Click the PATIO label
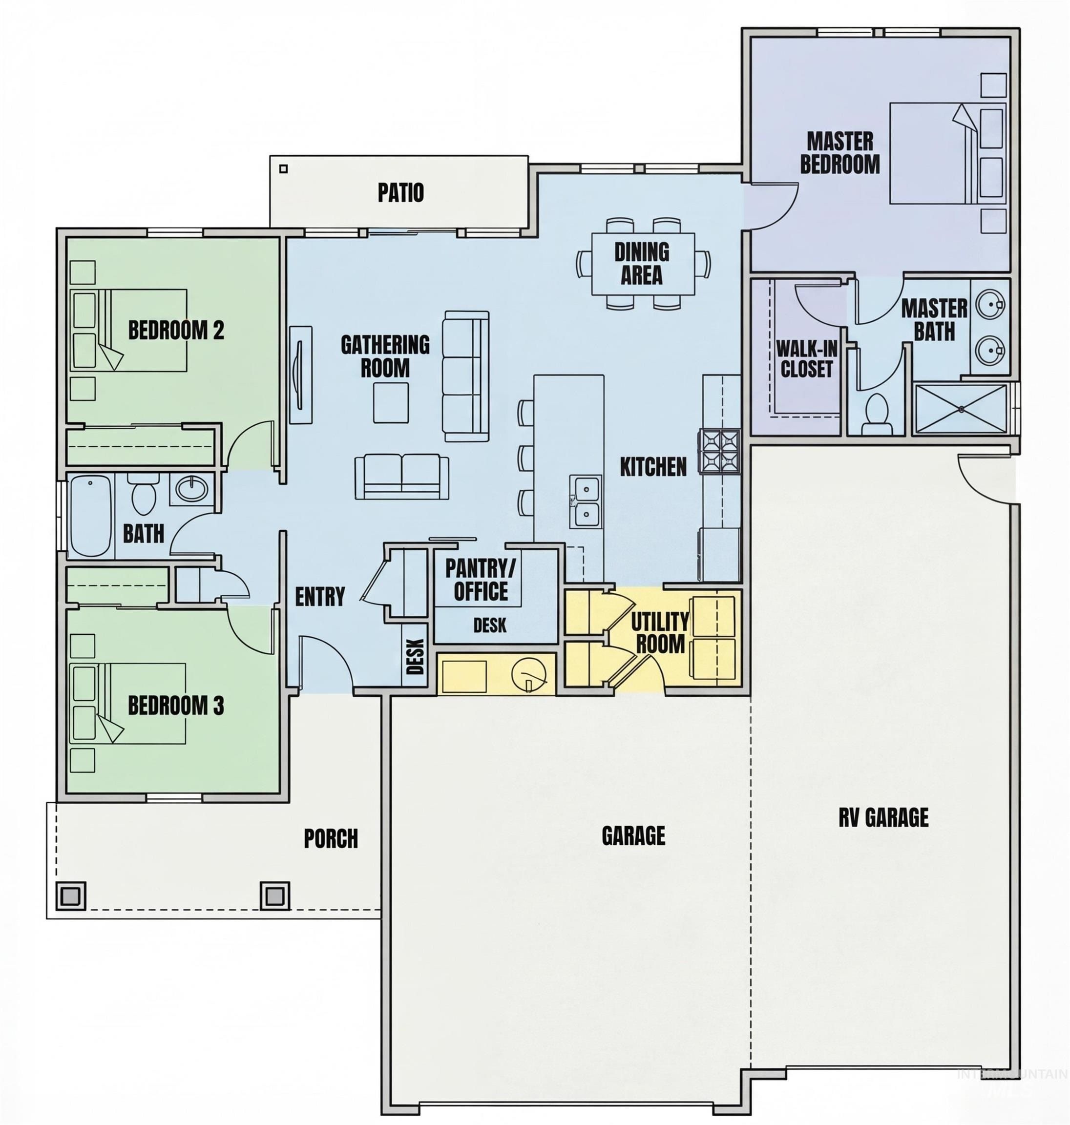coord(400,193)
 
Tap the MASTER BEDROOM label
coord(839,153)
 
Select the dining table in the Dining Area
coord(643,264)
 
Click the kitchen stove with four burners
coord(720,451)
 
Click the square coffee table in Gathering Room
coord(391,402)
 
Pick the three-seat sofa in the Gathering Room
coord(466,376)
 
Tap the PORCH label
coord(331,839)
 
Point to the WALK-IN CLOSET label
coord(806,359)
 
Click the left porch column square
coord(71,896)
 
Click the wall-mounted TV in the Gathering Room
coord(300,375)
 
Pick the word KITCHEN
coord(653,467)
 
